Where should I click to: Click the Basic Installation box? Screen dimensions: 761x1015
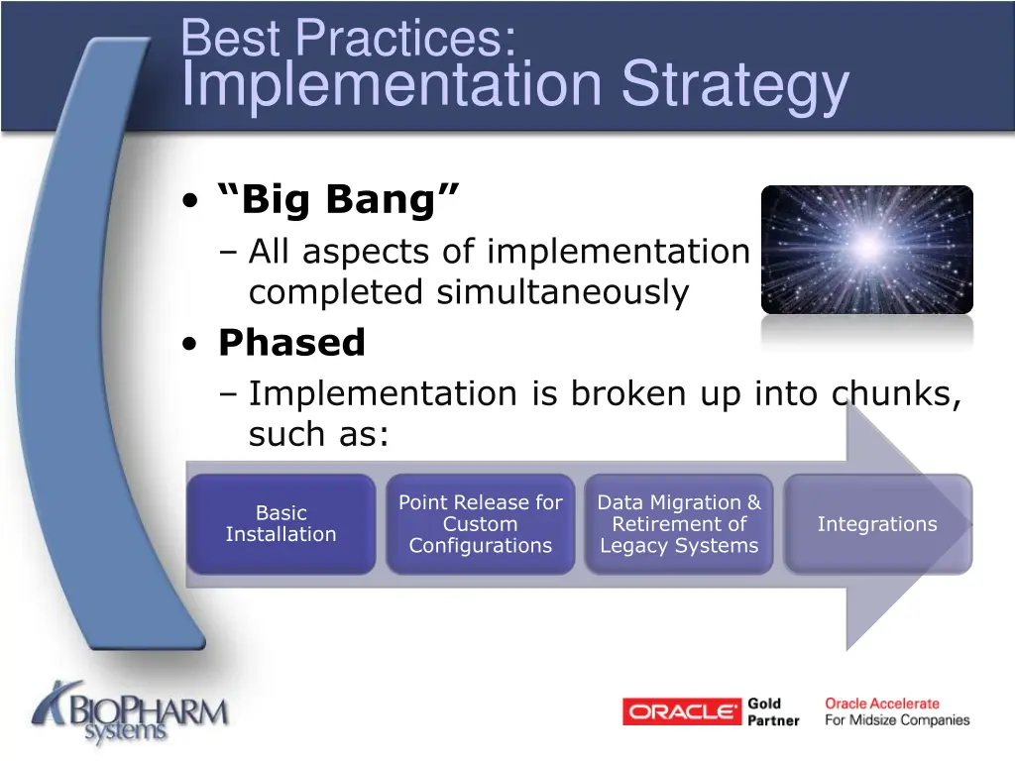282,524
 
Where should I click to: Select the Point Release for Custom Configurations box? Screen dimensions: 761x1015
480,524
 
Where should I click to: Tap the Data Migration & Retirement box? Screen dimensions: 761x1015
679,524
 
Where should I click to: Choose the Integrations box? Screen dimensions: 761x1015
877,524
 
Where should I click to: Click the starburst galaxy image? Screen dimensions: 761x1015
866,250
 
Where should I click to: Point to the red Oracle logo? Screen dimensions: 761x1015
682,711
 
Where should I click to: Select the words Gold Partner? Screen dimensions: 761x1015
773,711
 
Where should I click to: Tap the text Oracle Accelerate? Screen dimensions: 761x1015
882,704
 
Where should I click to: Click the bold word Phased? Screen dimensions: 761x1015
291,343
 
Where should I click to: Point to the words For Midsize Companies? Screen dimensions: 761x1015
897,720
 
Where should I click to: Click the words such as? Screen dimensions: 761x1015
317,434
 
